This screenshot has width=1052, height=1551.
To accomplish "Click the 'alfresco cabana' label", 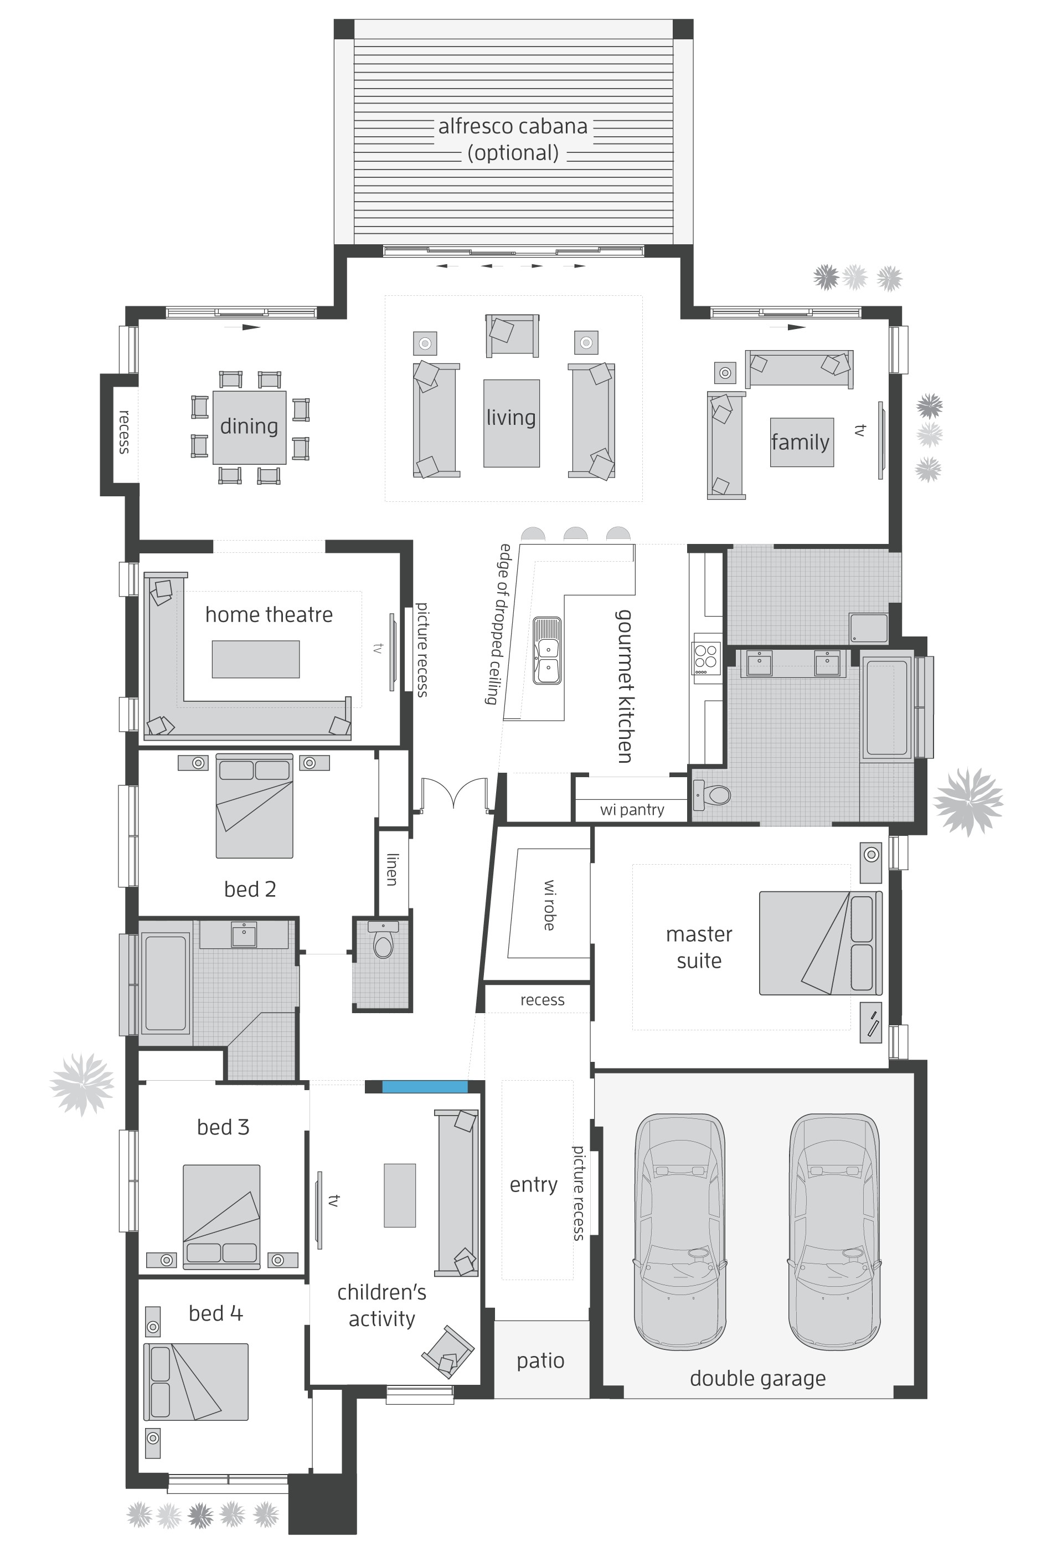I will [512, 127].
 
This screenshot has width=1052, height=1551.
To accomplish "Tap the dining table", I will [249, 427].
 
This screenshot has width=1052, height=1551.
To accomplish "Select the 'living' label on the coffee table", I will [511, 418].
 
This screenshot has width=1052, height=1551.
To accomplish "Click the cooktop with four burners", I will [707, 657].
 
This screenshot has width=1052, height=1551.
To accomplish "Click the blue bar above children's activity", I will [424, 1086].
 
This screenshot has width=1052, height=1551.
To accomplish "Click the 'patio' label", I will [540, 1374].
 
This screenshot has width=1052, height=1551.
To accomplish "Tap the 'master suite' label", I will [698, 947].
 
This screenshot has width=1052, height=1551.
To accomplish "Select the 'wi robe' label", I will [550, 905].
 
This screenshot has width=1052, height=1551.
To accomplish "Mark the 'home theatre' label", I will [269, 615].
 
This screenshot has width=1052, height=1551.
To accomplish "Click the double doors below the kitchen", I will [453, 794].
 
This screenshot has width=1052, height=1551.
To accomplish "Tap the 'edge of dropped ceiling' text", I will [497, 624].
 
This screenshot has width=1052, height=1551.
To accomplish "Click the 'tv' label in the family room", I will [860, 430].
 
